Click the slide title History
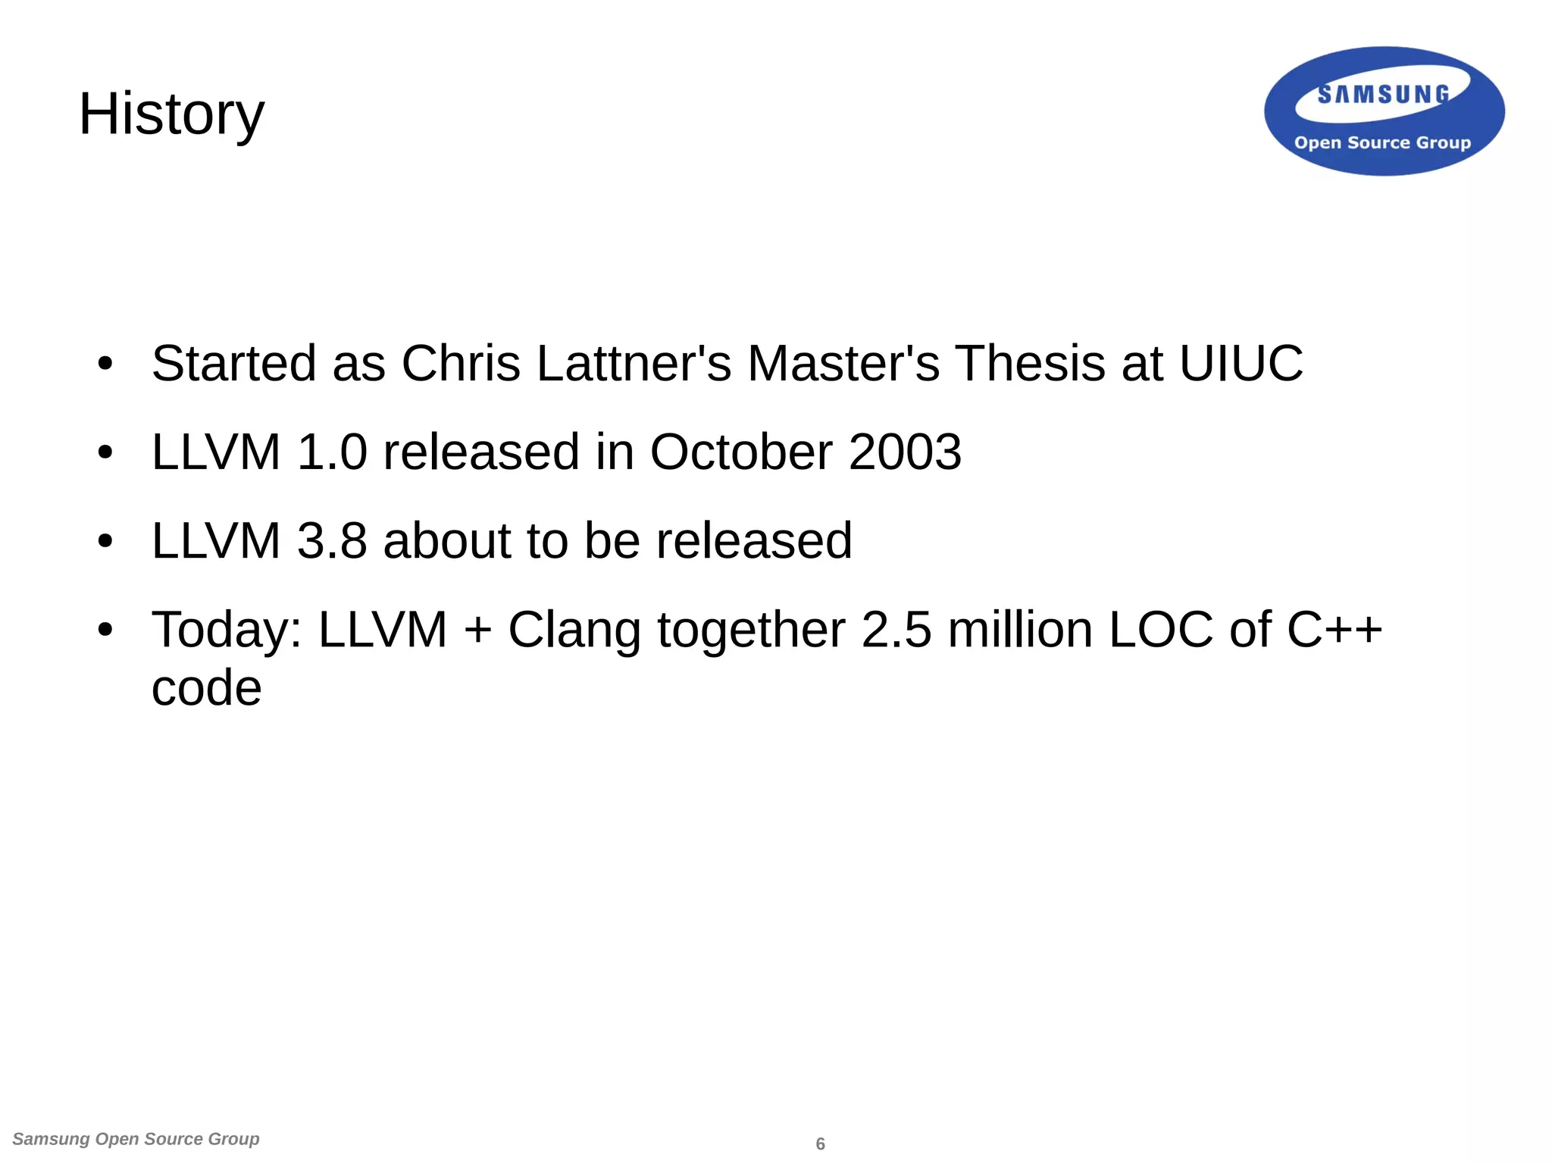(171, 114)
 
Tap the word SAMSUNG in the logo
(1383, 94)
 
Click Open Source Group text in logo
(1382, 142)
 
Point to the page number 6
(820, 1144)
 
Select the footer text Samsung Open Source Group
(136, 1139)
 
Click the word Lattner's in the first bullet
(634, 363)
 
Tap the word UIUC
(1241, 363)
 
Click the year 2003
(905, 452)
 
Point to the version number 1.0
(332, 452)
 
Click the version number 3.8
(332, 540)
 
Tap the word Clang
(574, 630)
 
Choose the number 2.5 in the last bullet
(896, 630)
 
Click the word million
(1020, 630)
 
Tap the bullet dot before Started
(105, 364)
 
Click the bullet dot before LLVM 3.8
(105, 542)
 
